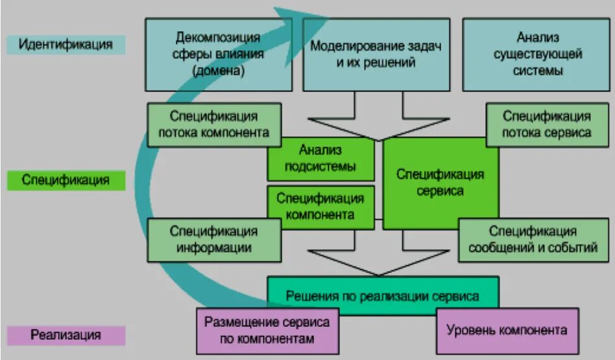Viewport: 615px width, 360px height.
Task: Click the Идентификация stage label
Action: pos(66,45)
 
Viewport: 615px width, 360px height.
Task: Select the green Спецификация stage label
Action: pos(66,180)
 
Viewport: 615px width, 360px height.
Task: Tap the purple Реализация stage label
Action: pos(66,335)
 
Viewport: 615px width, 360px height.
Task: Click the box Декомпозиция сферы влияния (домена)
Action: pos(218,54)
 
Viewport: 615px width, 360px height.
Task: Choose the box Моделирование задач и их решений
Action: pos(376,54)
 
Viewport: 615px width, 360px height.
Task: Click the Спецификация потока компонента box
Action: pos(214,124)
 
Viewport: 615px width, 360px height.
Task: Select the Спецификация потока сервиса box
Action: pos(547,124)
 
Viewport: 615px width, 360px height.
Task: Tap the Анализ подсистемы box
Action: pos(320,158)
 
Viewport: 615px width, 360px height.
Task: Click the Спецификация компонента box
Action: pos(320,206)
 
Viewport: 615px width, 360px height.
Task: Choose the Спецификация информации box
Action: pos(214,239)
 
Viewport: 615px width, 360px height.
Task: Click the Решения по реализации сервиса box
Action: pos(383,296)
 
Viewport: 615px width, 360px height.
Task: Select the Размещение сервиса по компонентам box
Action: pos(267,330)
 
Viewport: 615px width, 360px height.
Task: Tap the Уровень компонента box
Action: pos(507,330)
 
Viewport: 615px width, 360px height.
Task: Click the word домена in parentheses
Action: pos(219,71)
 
